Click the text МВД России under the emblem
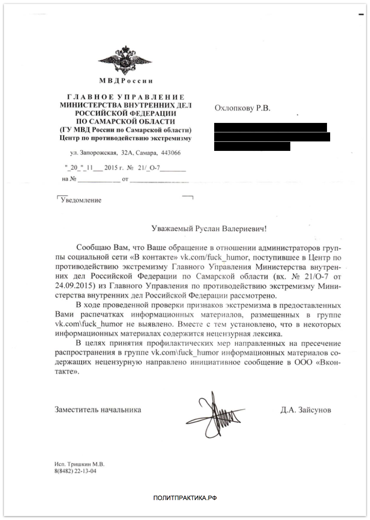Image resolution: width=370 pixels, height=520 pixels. click(126, 81)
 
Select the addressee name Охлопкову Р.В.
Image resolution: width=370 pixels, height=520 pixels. click(242, 108)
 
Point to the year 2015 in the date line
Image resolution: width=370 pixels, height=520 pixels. click(111, 168)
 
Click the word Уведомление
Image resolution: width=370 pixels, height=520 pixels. click(81, 200)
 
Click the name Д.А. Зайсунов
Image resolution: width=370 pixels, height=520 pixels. click(306, 410)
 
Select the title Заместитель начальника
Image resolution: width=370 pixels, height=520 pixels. click(98, 410)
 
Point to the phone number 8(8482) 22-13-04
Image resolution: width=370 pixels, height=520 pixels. click(75, 471)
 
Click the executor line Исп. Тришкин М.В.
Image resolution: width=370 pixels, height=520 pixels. click(79, 464)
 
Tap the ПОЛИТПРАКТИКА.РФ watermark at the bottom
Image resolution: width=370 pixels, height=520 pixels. click(185, 498)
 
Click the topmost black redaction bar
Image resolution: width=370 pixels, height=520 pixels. click(271, 127)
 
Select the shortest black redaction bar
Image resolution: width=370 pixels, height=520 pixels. click(252, 147)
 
